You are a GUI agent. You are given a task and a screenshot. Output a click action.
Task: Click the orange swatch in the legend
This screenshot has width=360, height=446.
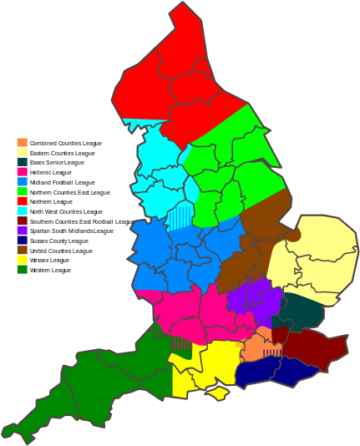(x=22, y=142)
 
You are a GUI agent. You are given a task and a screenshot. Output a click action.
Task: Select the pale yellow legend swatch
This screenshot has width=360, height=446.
(x=22, y=152)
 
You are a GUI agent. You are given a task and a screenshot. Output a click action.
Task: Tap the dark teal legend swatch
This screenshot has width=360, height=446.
(x=22, y=162)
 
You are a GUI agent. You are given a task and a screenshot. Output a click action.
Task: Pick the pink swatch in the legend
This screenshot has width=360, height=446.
(x=22, y=171)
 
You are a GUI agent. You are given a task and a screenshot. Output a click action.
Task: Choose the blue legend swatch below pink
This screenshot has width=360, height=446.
(x=22, y=181)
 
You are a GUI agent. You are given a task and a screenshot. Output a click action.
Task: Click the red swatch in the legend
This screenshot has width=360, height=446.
(x=22, y=200)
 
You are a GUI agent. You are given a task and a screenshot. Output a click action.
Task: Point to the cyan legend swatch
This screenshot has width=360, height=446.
(x=22, y=210)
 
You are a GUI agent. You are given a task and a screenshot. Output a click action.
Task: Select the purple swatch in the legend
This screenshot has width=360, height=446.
(x=22, y=230)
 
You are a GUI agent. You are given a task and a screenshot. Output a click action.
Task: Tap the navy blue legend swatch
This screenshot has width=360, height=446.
(x=22, y=240)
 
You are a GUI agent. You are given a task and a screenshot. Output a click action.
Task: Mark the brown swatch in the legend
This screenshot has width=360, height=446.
(x=22, y=250)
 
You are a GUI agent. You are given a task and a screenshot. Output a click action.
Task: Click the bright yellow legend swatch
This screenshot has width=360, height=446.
(x=22, y=259)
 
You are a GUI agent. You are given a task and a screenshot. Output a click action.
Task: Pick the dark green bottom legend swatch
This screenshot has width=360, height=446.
(x=22, y=269)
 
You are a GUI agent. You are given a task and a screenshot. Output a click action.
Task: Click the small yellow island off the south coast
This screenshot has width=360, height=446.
(x=218, y=391)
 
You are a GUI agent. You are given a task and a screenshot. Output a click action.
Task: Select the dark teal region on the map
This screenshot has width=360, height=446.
(x=302, y=313)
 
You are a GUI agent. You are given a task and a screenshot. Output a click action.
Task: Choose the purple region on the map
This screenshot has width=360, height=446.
(x=253, y=299)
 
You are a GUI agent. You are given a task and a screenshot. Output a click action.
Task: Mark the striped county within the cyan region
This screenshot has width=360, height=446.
(x=179, y=215)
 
